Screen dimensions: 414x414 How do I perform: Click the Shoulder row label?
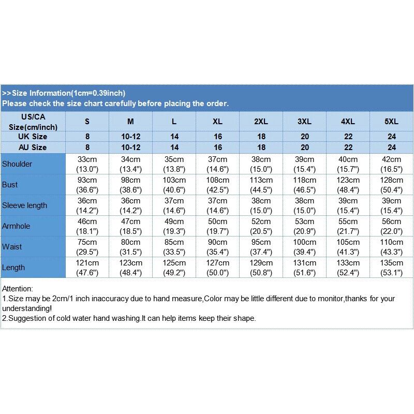point(17,164)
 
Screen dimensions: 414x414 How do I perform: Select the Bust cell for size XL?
point(217,185)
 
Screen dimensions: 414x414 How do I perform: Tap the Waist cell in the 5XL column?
point(391,247)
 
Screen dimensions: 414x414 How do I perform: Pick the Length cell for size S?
point(87,268)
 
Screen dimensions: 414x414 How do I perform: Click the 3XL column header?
point(304,122)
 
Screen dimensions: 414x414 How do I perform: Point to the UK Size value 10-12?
point(130,137)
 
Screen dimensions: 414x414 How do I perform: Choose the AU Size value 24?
point(391,147)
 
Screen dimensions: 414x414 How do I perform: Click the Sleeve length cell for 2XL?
point(261,205)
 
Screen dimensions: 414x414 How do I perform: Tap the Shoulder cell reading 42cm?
point(391,164)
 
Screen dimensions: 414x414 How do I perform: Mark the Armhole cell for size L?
point(174,226)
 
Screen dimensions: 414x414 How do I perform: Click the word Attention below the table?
point(17,289)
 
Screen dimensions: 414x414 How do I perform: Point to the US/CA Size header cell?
point(33,122)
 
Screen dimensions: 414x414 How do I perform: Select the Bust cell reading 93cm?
point(87,185)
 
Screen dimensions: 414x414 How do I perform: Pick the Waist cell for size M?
point(130,247)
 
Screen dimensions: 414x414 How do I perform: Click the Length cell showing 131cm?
point(304,268)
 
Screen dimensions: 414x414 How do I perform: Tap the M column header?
point(130,122)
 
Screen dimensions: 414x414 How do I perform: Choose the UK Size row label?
point(33,137)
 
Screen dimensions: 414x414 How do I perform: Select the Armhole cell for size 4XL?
point(348,226)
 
